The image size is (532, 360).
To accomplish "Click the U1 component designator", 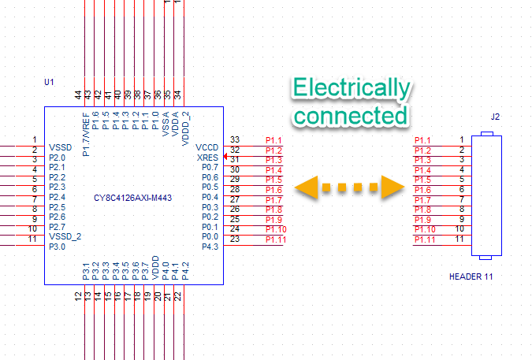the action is (x=49, y=82).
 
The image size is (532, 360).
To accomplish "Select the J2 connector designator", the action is (x=495, y=117).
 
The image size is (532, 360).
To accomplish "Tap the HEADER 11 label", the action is (x=471, y=276).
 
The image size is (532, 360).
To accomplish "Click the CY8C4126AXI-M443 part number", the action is (x=132, y=198).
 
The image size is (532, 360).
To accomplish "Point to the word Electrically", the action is (x=352, y=87).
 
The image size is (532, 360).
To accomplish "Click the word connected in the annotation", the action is (x=351, y=116).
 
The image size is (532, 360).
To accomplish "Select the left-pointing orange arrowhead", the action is (x=307, y=187).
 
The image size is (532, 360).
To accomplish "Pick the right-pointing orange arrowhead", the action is (x=392, y=187).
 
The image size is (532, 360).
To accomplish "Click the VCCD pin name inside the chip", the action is (x=207, y=148).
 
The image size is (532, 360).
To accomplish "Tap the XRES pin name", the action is (x=207, y=158).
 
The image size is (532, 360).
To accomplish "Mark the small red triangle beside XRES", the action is (x=225, y=156).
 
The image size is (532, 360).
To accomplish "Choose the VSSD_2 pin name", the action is (x=65, y=236).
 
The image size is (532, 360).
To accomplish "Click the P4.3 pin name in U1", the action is (x=210, y=247).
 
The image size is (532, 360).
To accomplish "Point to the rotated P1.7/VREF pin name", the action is (x=86, y=135).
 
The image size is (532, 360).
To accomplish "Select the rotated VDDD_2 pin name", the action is (x=185, y=129).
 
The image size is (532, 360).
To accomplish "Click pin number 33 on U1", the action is (x=235, y=139).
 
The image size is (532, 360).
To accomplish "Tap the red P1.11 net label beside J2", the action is (x=425, y=239).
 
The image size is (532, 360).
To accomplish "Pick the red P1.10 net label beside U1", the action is (x=276, y=230).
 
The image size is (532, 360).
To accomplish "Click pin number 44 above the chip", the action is (x=78, y=95).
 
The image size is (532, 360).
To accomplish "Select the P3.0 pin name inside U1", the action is (x=57, y=247).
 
